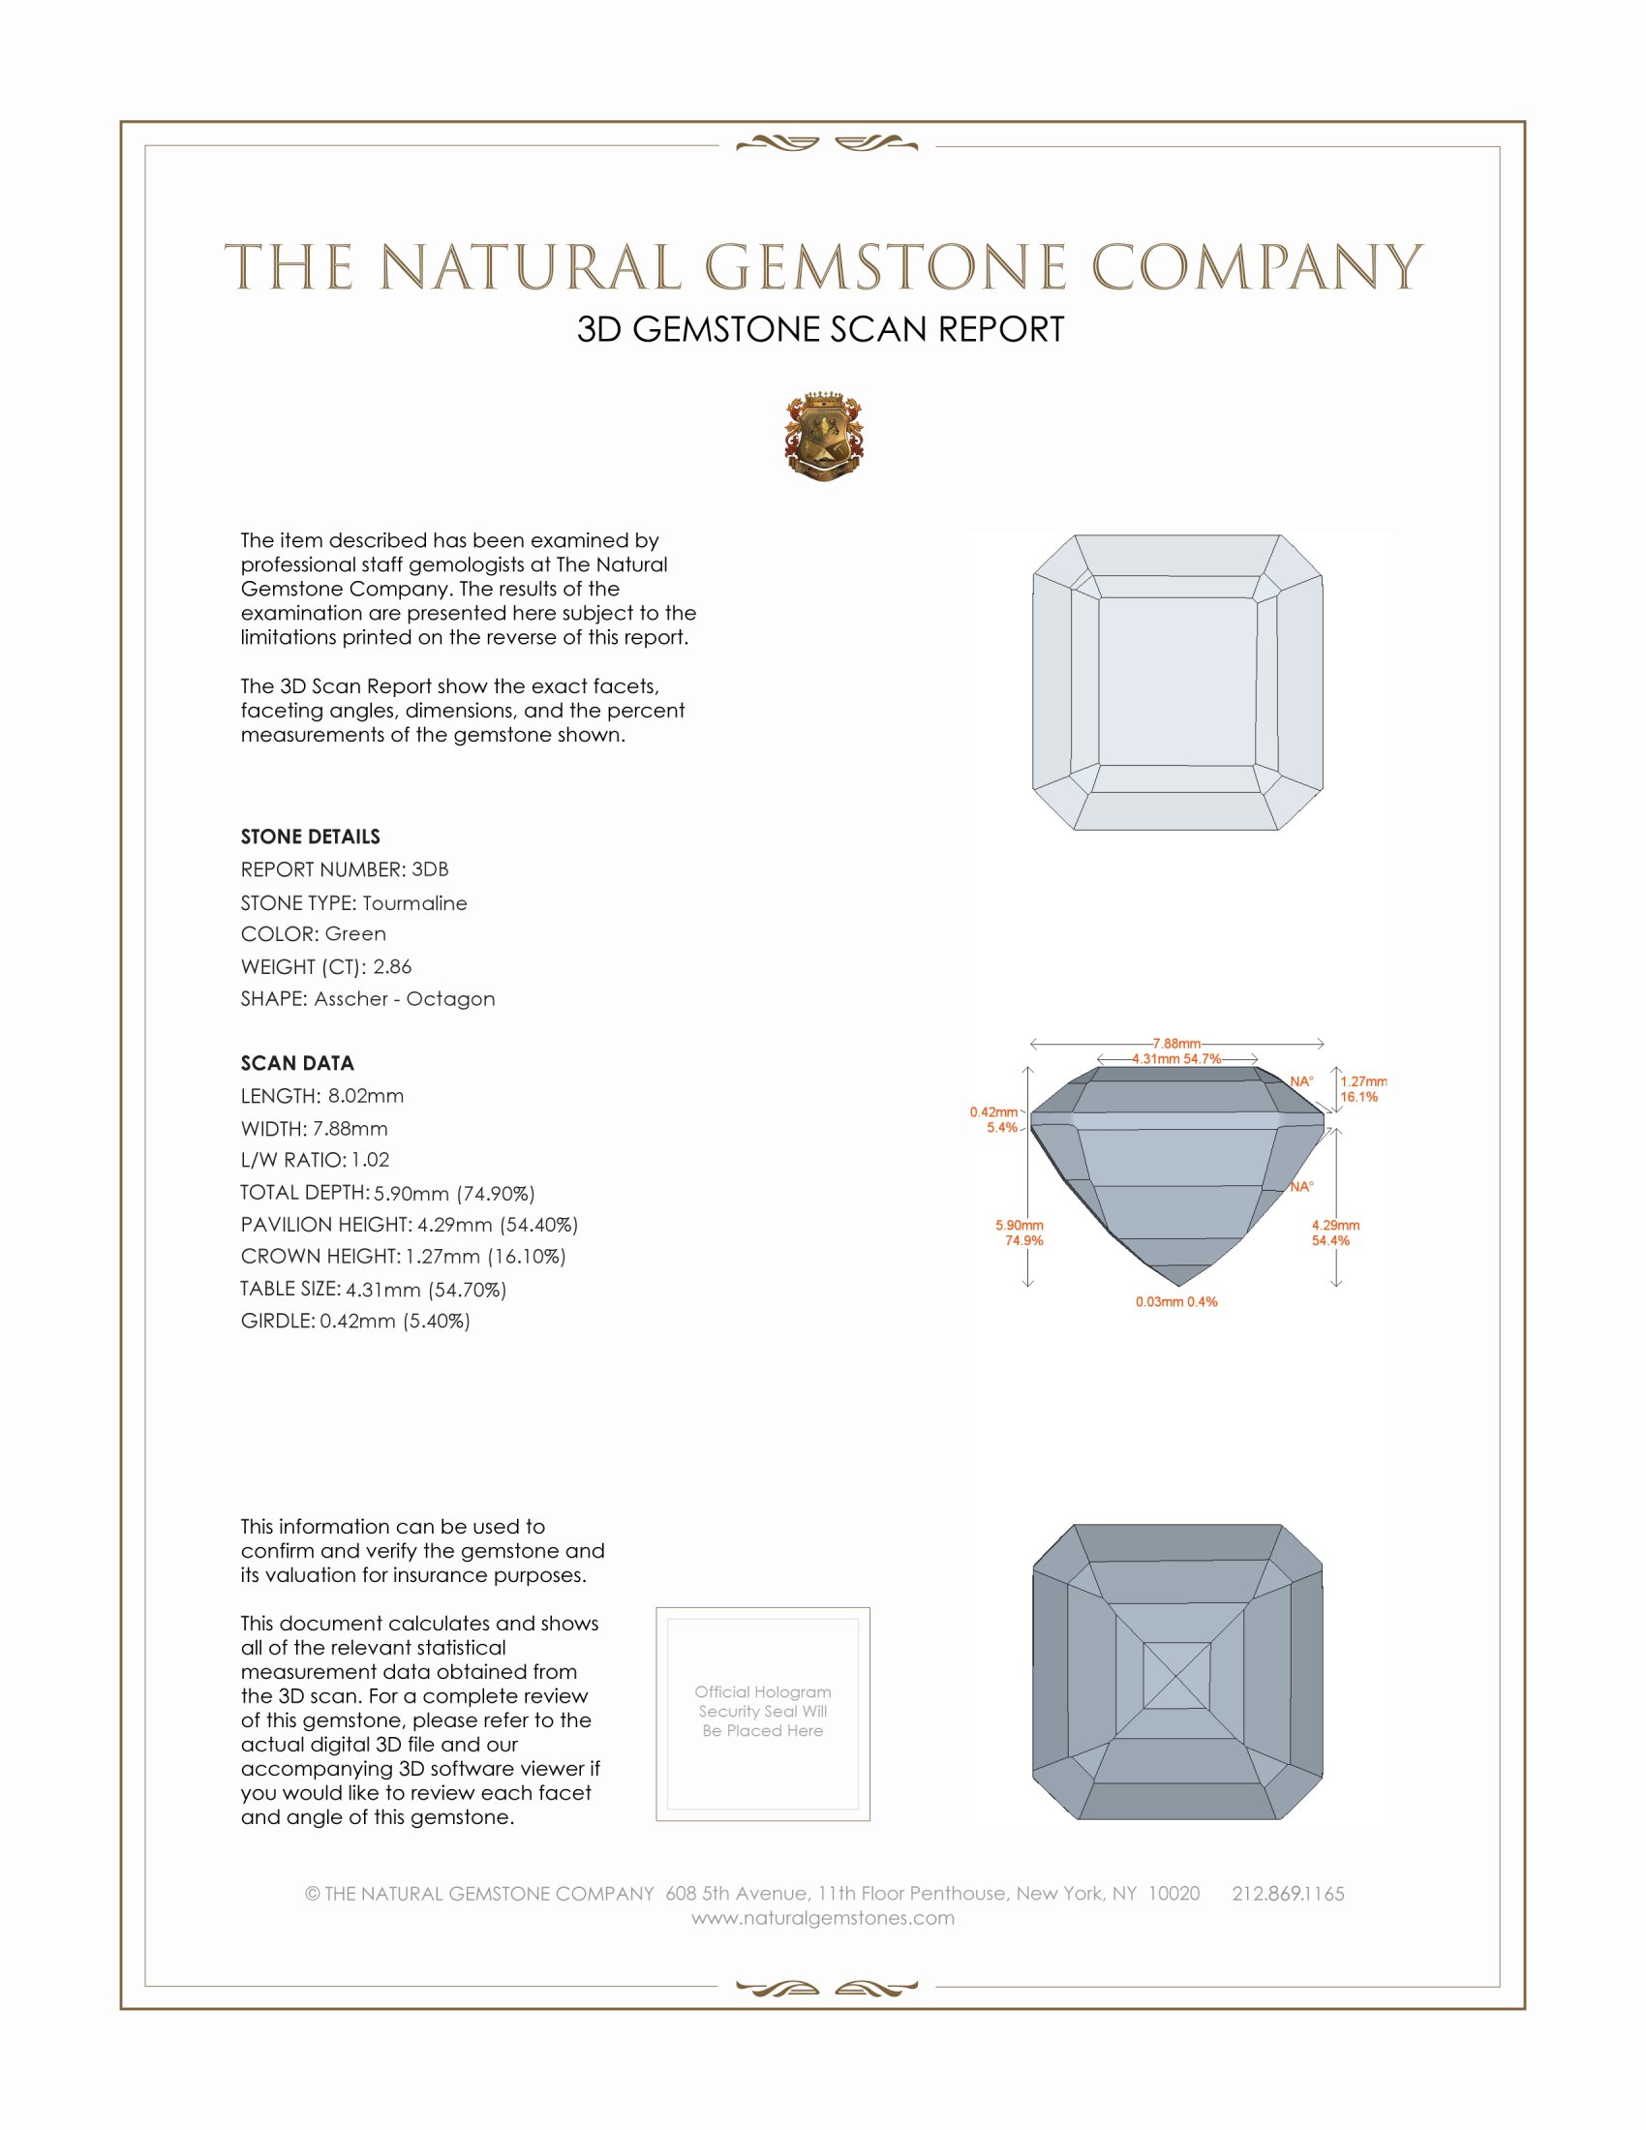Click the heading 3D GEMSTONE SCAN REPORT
[x=820, y=329]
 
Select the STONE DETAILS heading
[x=310, y=837]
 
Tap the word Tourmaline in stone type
[x=414, y=903]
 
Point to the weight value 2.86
[x=392, y=966]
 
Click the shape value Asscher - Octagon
[x=405, y=999]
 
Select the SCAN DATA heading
[x=297, y=1063]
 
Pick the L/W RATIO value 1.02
[x=371, y=1160]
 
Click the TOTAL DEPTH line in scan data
[x=387, y=1193]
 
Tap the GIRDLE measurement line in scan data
[x=355, y=1321]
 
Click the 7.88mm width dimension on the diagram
[x=1176, y=1044]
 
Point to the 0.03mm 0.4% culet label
[x=1176, y=1302]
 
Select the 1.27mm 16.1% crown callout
[x=1361, y=1089]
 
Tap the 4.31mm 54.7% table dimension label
[x=1176, y=1059]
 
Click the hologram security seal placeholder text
[x=763, y=1711]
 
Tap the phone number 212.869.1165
[x=1287, y=1893]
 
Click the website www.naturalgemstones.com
[x=823, y=1917]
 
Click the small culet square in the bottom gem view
[x=1176, y=1676]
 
